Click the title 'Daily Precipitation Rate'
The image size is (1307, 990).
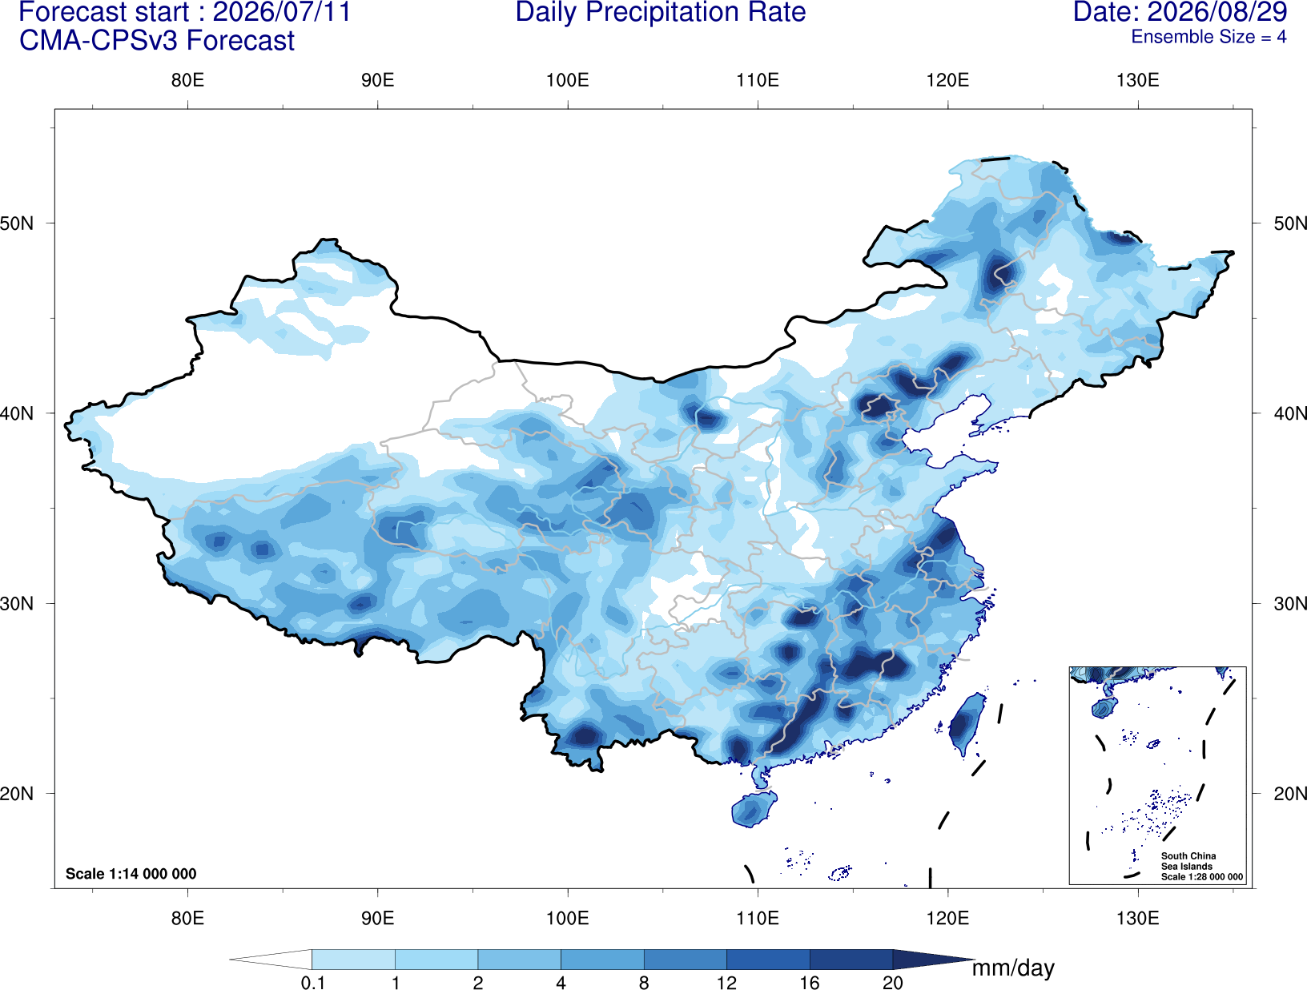tap(660, 13)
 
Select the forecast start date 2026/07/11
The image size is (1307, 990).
tap(282, 13)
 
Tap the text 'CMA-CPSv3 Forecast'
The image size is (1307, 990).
tap(157, 41)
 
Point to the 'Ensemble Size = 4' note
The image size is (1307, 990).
tap(1208, 37)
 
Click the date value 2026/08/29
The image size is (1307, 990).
tap(1218, 12)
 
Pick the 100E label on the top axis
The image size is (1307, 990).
tap(568, 80)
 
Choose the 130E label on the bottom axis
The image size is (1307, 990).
tap(1137, 917)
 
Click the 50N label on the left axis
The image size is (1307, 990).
tap(17, 223)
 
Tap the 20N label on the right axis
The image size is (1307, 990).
tap(1289, 793)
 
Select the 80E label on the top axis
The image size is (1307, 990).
tap(187, 80)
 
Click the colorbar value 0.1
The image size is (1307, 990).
tap(312, 982)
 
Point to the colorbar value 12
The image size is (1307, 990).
tap(726, 982)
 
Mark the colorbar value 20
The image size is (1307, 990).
tap(893, 982)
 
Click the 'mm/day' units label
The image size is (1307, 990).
tap(1013, 968)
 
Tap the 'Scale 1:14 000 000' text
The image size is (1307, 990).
tap(131, 873)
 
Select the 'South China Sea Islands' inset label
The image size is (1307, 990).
tap(1188, 861)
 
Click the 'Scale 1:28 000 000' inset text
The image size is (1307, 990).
tap(1201, 876)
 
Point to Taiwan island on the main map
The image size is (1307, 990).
tap(965, 723)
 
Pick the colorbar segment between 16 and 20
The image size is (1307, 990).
tap(851, 959)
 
